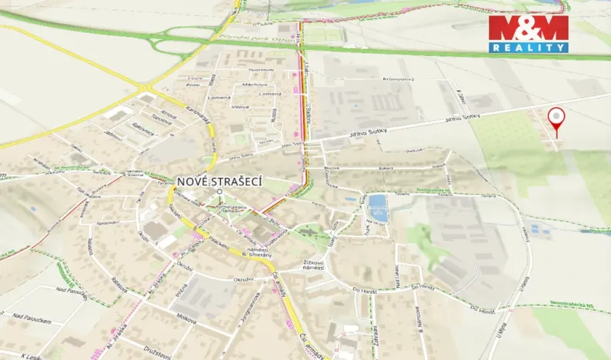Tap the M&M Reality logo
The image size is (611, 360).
point(529,34)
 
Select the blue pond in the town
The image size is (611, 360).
point(377,206)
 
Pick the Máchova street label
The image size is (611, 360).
point(255,85)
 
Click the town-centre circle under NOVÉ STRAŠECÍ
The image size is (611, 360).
point(219,192)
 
